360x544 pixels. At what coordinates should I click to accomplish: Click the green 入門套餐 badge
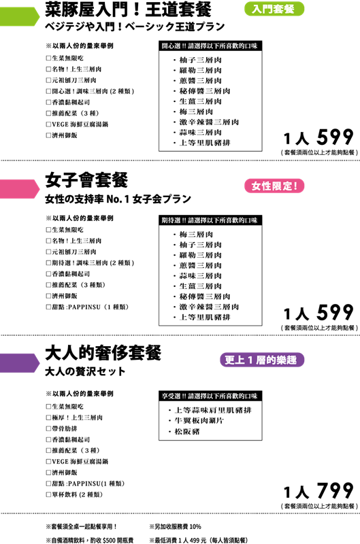click(274, 9)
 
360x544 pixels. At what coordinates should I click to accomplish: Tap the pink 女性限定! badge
click(274, 186)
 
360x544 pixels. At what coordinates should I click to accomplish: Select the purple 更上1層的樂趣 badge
click(262, 360)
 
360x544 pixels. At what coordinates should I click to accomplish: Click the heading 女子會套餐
click(86, 180)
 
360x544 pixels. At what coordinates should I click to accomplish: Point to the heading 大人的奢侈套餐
click(103, 353)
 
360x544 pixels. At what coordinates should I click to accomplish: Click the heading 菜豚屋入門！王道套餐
click(128, 10)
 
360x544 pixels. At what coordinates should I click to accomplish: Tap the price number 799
click(335, 490)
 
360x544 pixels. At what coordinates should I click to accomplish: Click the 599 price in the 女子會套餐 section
click(335, 312)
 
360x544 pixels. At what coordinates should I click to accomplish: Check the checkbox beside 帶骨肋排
click(48, 428)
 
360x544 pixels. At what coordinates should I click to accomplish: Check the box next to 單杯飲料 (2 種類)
click(48, 494)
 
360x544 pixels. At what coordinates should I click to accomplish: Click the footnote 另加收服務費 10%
click(176, 526)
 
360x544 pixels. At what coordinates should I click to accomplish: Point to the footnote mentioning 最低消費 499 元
click(199, 540)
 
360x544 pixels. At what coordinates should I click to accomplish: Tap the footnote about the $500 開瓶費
click(90, 540)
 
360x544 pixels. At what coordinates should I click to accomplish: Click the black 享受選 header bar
click(210, 396)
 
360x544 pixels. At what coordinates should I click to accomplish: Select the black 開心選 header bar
click(210, 46)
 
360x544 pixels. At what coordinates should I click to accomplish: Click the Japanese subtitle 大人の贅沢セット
click(85, 371)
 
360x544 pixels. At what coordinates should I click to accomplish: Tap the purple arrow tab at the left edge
click(20, 363)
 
